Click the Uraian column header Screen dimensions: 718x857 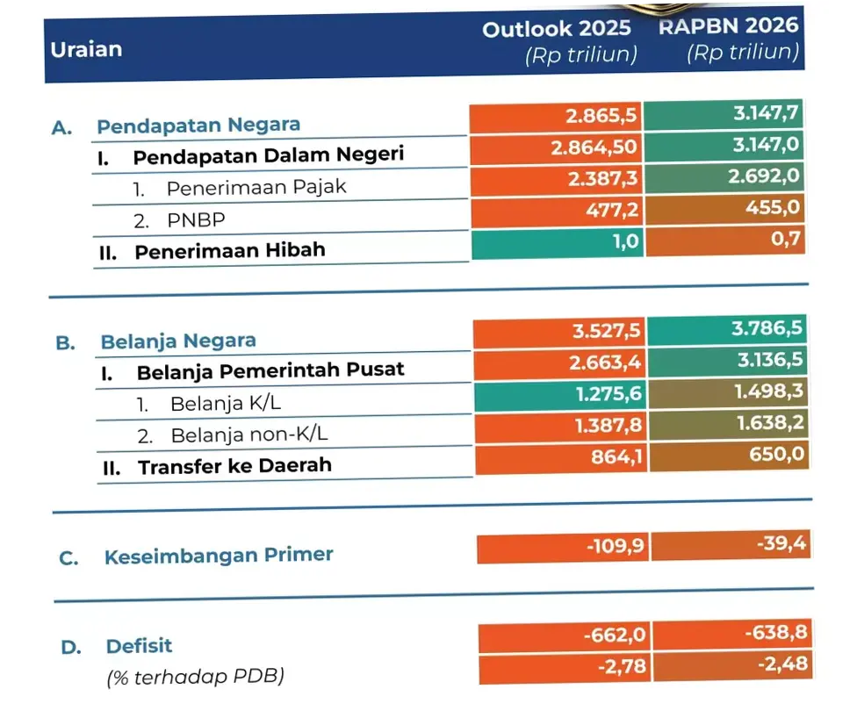[x=86, y=49]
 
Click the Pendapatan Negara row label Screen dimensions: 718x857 [x=198, y=126]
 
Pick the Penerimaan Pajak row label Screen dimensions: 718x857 [x=256, y=188]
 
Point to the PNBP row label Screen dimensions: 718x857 [x=191, y=220]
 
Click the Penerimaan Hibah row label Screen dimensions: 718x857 [x=229, y=251]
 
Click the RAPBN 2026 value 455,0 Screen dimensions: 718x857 [x=724, y=209]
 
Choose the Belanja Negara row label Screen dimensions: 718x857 [x=178, y=341]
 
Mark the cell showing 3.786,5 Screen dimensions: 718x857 [x=727, y=330]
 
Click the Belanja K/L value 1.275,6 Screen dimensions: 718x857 [x=560, y=394]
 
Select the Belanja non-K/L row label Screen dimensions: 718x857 [x=249, y=434]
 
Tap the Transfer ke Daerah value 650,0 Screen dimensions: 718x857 [x=728, y=456]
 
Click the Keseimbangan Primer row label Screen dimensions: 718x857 [x=219, y=556]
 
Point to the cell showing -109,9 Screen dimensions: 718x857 [x=563, y=549]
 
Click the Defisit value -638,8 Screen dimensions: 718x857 [x=731, y=633]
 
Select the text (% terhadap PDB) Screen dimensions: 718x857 [x=197, y=678]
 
